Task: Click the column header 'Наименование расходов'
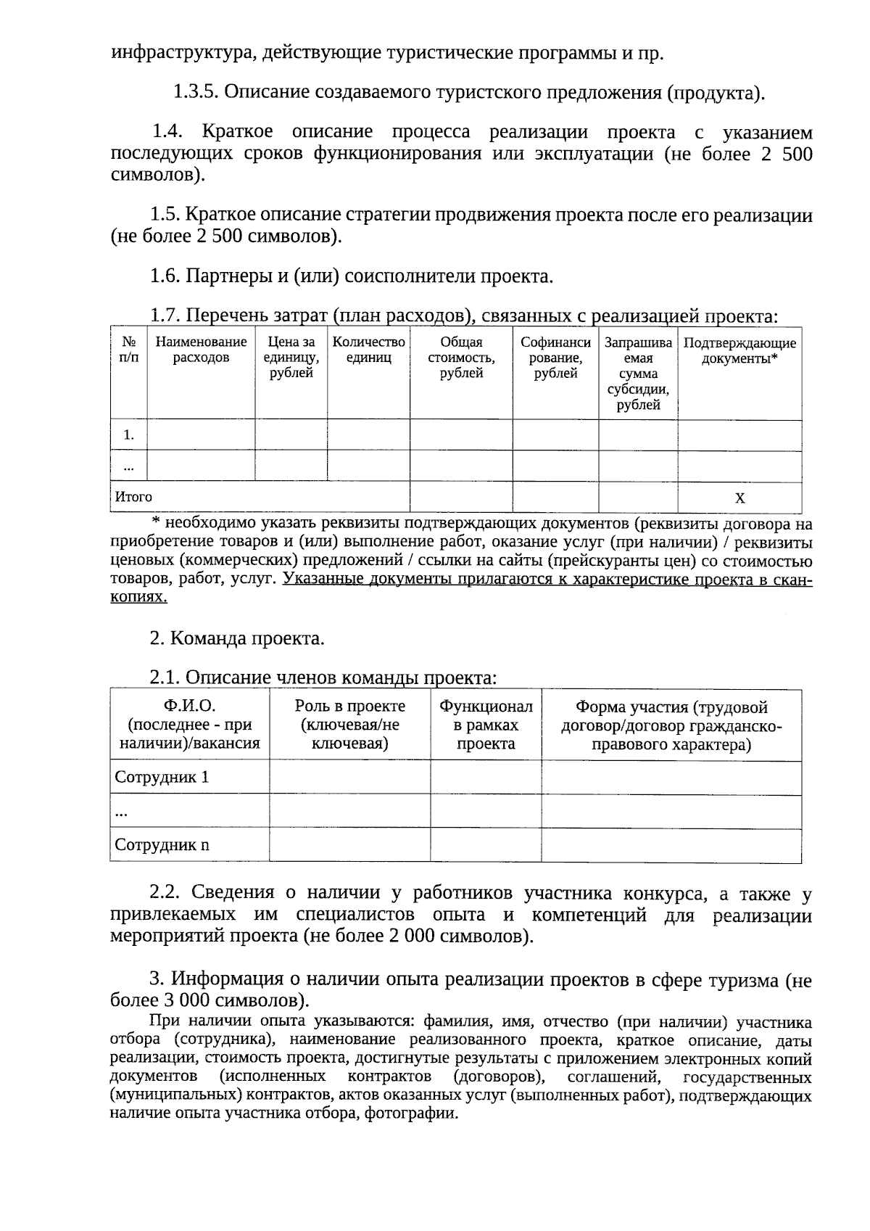(201, 350)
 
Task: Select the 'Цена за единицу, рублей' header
(291, 358)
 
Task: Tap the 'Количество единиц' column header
(368, 350)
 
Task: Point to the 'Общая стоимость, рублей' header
(461, 358)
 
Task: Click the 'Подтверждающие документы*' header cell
(739, 350)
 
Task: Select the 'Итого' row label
(133, 497)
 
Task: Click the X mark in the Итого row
(739, 498)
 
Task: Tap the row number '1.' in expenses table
(129, 435)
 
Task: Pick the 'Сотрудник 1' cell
(162, 778)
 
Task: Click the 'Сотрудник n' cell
(162, 845)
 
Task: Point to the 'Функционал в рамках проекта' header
(486, 725)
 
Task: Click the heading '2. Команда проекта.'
(237, 638)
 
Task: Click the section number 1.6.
(165, 276)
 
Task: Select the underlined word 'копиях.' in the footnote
(138, 597)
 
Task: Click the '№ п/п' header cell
(128, 350)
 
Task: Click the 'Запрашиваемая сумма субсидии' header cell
(638, 373)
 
